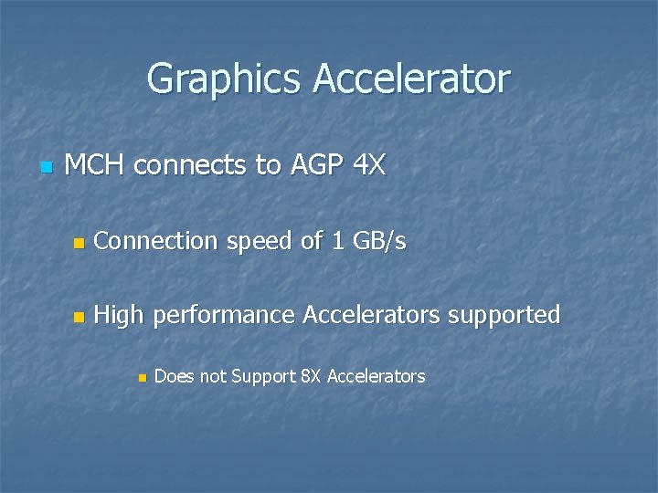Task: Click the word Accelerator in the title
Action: click(411, 79)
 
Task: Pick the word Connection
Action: click(154, 241)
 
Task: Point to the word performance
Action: click(224, 316)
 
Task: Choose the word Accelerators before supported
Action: click(373, 315)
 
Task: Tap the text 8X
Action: click(311, 376)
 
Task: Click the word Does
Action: click(175, 376)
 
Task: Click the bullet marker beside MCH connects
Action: click(47, 167)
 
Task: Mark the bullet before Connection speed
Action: click(79, 243)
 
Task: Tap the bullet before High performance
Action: click(79, 317)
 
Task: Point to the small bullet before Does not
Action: click(141, 378)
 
